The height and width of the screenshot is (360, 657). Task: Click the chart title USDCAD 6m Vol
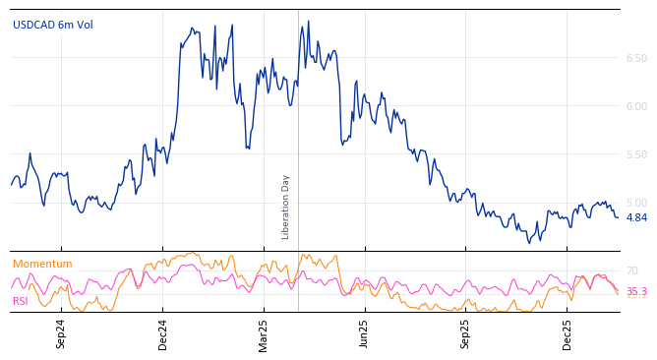pos(53,26)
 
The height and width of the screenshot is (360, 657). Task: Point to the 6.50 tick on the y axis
pos(636,59)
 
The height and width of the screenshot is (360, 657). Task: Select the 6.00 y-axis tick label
pos(636,107)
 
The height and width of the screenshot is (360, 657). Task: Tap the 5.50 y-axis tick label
pos(636,155)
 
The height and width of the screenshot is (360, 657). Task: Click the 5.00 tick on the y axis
pos(636,203)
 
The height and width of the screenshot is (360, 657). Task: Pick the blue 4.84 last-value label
pos(636,218)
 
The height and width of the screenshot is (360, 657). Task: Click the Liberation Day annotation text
pos(286,207)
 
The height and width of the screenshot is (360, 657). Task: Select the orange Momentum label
pos(42,265)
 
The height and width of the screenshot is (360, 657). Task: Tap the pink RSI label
pos(21,302)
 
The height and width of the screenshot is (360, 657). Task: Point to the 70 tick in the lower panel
pos(632,271)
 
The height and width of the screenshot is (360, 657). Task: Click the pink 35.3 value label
pos(636,292)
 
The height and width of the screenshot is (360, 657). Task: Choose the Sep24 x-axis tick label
pos(61,334)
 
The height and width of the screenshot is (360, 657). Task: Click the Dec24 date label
pos(163,334)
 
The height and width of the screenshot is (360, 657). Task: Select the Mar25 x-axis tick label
pos(264,334)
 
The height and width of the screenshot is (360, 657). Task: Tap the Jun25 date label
pos(364,334)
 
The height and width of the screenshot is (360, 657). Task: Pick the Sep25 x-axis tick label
pos(465,334)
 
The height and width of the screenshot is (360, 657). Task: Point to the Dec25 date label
pos(567,334)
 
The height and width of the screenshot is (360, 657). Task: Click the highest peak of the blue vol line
pos(308,21)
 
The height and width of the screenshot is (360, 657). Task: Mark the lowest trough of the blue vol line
pos(528,243)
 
